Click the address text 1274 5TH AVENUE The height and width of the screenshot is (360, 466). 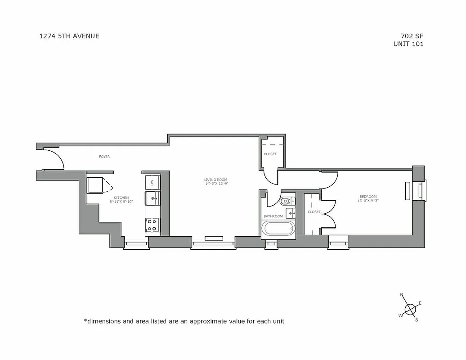point(69,36)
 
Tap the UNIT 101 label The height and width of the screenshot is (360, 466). point(408,44)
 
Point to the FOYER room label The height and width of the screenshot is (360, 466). point(104,157)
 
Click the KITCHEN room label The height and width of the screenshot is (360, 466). point(121,198)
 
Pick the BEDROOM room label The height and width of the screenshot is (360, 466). point(368,196)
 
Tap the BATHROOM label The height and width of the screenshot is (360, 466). point(273,216)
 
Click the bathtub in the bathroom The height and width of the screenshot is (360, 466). point(278,228)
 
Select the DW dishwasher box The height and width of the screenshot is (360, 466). point(152,183)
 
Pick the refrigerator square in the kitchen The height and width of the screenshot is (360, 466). point(95,185)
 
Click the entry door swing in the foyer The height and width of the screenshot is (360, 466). point(55,160)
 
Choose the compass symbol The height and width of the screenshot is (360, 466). point(410,309)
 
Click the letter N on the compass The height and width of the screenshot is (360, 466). point(402,295)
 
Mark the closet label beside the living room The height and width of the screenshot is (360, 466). point(270,154)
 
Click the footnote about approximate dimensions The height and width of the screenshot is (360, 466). point(184,321)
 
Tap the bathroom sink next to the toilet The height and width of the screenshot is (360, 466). point(290,213)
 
